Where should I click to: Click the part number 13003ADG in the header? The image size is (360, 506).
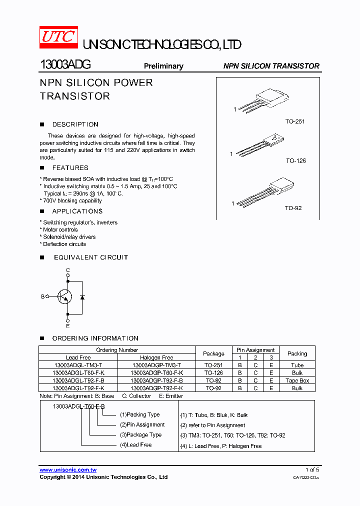(65, 65)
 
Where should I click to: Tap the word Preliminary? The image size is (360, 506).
(163, 66)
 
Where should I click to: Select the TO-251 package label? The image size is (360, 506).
(295, 121)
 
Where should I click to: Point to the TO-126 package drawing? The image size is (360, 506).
(260, 145)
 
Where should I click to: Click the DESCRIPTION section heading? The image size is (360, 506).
(75, 124)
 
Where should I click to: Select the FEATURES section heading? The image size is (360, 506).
(70, 168)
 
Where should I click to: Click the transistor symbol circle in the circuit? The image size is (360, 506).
(64, 296)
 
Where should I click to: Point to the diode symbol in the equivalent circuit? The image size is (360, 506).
(82, 297)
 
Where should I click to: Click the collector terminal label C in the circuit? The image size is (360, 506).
(68, 270)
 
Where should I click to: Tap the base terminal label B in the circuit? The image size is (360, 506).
(42, 296)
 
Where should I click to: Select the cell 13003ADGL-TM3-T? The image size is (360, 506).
(78, 365)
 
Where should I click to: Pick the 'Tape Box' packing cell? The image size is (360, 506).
(297, 380)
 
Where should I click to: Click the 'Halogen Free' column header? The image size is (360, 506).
(156, 357)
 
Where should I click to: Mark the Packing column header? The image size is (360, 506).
(297, 353)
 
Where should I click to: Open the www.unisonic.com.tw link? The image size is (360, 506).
(68, 470)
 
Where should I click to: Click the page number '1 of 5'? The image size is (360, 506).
(312, 469)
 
